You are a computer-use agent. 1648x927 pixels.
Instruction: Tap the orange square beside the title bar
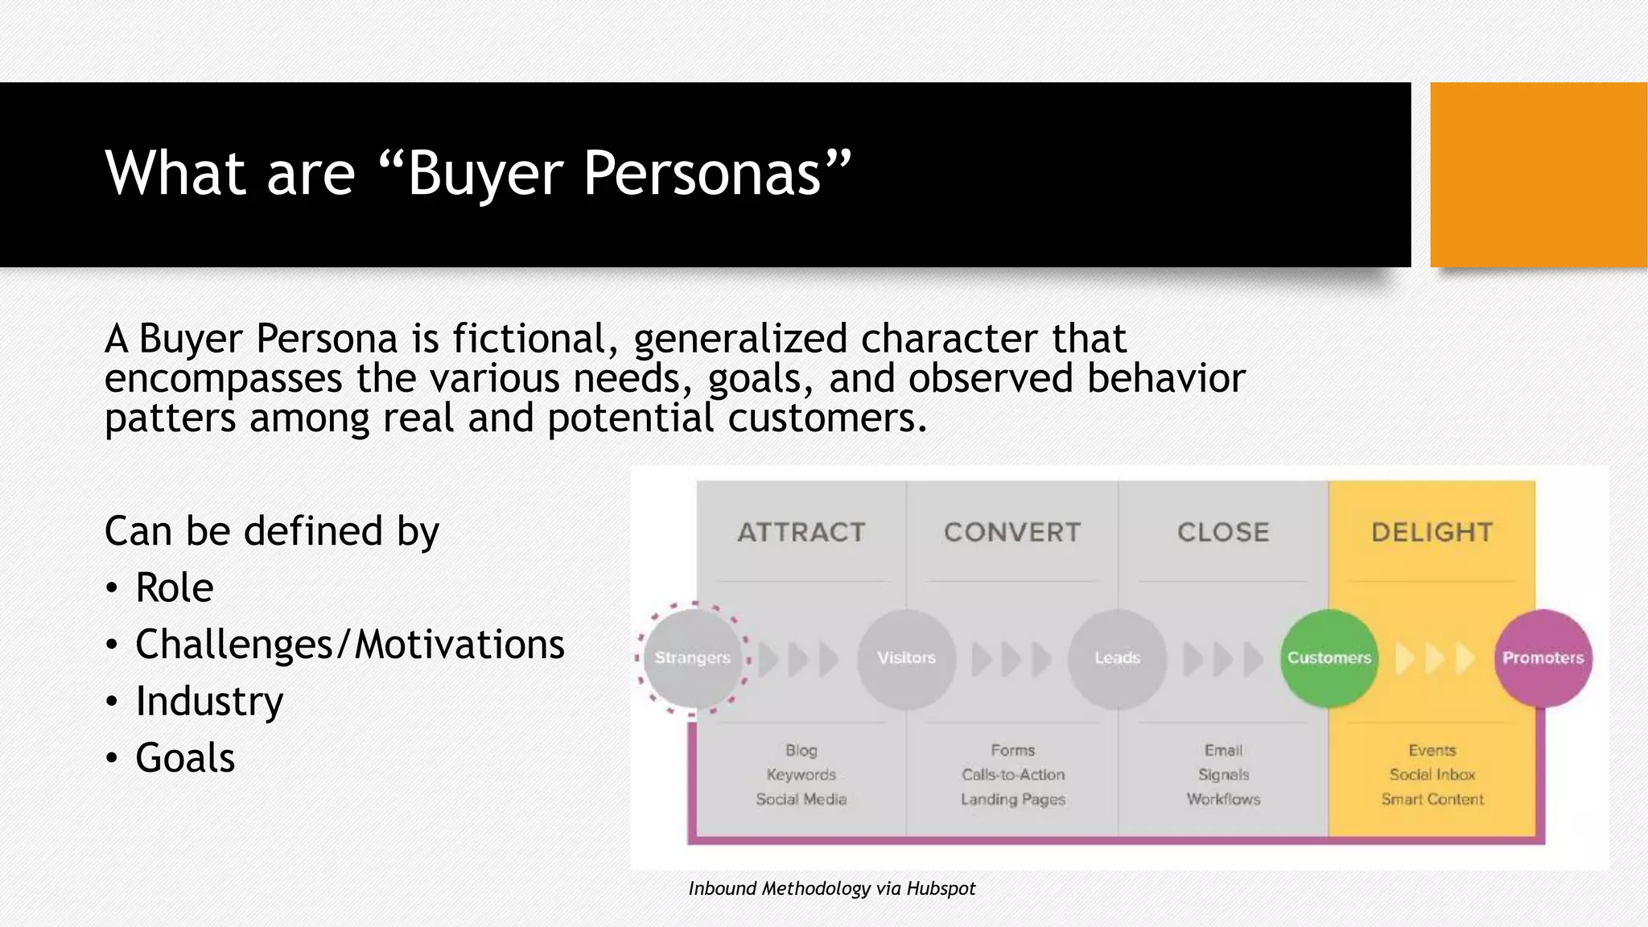[1538, 175]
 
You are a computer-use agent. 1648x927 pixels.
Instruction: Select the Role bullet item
[174, 587]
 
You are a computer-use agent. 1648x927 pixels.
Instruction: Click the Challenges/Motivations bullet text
[349, 645]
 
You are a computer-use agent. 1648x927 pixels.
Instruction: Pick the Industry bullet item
[209, 701]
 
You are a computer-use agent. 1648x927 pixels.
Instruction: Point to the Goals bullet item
[185, 758]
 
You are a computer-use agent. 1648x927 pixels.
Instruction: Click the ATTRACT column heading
[801, 532]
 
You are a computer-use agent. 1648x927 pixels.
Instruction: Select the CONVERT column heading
[1012, 532]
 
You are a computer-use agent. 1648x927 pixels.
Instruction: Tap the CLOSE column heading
[1223, 532]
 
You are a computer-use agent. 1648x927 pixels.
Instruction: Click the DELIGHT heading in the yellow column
[1432, 532]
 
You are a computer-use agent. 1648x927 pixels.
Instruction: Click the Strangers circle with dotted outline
[693, 658]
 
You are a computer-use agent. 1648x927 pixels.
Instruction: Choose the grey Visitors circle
[907, 658]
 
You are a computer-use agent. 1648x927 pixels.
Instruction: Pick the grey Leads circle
[1118, 658]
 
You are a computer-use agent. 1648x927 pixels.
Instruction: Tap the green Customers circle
[1329, 658]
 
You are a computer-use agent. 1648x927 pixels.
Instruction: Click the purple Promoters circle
[1543, 658]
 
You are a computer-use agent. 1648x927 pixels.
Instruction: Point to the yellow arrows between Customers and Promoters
[1436, 658]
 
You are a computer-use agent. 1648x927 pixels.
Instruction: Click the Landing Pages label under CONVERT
[1013, 799]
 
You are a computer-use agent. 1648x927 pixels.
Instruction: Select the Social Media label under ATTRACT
[801, 799]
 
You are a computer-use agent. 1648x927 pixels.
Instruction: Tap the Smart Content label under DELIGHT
[1432, 799]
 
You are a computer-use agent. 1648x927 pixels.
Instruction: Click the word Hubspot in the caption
[941, 888]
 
